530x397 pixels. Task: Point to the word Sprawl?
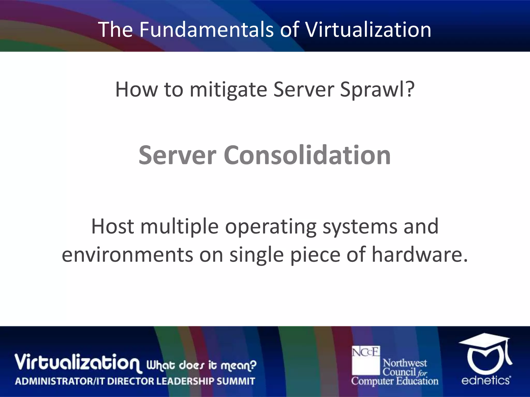coord(377,90)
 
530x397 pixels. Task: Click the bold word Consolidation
coord(307,155)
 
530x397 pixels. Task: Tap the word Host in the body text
coord(113,226)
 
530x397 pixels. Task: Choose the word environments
coord(127,255)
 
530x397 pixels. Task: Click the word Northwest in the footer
coord(405,363)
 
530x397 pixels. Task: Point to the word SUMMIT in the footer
coord(236,381)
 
